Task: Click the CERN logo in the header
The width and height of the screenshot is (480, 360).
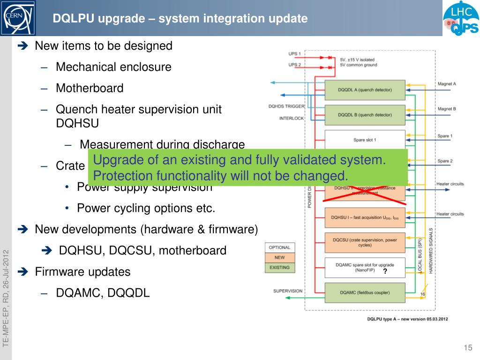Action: tap(18, 18)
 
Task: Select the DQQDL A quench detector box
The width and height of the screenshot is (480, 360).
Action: tap(365, 90)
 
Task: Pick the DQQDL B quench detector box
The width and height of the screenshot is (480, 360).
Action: tap(365, 115)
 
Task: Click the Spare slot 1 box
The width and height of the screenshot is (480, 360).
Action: tap(365, 140)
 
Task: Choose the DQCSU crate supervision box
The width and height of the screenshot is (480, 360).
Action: tap(365, 242)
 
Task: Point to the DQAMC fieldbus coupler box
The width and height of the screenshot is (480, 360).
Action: tap(365, 293)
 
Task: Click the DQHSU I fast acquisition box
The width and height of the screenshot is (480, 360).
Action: tap(365, 217)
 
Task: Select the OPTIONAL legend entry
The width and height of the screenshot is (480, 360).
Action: tap(280, 247)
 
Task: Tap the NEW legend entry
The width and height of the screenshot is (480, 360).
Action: tap(280, 257)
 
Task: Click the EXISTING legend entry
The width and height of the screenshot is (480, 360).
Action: tap(280, 268)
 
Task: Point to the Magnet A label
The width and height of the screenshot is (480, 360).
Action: tap(447, 84)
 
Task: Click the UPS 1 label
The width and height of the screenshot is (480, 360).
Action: tap(294, 54)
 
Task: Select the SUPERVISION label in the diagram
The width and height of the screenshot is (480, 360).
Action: tap(288, 291)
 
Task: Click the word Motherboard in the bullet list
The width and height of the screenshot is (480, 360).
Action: tap(90, 88)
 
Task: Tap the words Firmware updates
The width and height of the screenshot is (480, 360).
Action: tap(82, 272)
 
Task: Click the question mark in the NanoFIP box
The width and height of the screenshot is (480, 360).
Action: tap(385, 271)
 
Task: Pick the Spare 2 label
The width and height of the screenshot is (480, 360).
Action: tap(445, 161)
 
